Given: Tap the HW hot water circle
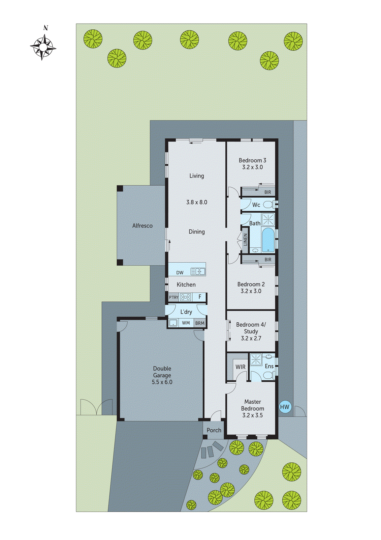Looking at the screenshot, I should coord(285,407).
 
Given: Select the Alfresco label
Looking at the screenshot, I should coord(142,225).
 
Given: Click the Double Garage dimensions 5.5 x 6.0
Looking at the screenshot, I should coord(162,382).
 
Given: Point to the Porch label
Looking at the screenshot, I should coord(214,430).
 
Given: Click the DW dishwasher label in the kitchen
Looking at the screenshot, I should coord(180,272).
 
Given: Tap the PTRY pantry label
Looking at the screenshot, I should coord(173,297).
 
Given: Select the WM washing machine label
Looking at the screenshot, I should coord(186,323).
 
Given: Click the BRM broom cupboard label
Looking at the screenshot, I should coord(200,323).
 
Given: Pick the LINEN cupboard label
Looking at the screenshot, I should coord(245,239).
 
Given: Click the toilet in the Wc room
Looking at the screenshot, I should coord(268,205).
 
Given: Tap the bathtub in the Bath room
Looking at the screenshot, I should coord(268,239).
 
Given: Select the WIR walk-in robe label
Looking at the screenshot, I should coord(240,367).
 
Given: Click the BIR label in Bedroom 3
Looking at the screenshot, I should coord(267,192).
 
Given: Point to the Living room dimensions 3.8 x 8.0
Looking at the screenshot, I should coord(197,202).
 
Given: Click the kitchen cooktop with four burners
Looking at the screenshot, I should coord(186,297).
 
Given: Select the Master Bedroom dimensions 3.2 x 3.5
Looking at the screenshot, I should coord(252,415).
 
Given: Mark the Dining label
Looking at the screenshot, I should coord(197,232).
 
